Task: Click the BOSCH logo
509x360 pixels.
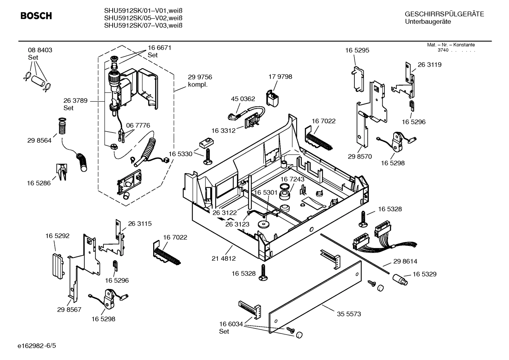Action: [x=36, y=16]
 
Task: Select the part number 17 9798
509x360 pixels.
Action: [x=280, y=77]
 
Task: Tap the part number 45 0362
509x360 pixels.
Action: [x=243, y=99]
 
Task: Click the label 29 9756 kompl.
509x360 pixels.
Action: [x=200, y=81]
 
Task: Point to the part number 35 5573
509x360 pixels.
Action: [x=349, y=314]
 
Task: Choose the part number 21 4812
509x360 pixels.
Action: [x=223, y=258]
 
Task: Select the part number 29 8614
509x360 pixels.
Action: [x=405, y=261]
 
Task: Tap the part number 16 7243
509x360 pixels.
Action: [x=292, y=179]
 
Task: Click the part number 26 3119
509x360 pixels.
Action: [x=430, y=65]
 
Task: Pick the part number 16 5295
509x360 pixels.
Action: [x=357, y=50]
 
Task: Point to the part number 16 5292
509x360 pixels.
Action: [x=57, y=236]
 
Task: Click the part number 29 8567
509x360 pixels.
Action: [x=69, y=309]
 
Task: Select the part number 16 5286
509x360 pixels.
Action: [x=39, y=183]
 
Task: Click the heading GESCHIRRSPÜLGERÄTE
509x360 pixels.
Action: [x=444, y=14]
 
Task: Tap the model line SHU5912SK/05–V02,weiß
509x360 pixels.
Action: [x=143, y=18]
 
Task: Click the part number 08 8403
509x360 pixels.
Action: [x=40, y=50]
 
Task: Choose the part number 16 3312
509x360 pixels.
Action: [x=223, y=130]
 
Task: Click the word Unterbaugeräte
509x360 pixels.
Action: [x=428, y=22]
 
